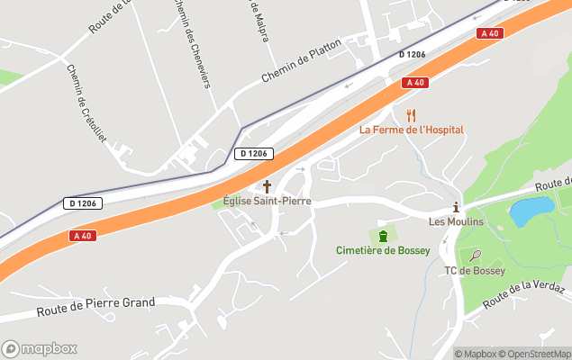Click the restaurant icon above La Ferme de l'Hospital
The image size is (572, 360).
[x=412, y=115]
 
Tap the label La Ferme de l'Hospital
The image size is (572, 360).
[x=412, y=130]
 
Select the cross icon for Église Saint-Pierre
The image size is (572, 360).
[x=267, y=186]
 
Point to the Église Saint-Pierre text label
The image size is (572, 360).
[x=267, y=201]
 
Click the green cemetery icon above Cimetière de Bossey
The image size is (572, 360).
[x=384, y=236]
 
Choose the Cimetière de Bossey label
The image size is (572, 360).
[x=383, y=250]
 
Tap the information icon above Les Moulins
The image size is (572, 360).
[x=456, y=207]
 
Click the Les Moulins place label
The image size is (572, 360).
[x=456, y=221]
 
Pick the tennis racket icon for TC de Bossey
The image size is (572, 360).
[x=475, y=256]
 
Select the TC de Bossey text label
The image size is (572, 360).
[x=475, y=270]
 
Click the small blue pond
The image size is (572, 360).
[x=531, y=211]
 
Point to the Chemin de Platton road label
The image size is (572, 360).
[x=302, y=60]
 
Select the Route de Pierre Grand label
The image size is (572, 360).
[x=95, y=308]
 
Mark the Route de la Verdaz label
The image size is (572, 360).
[x=523, y=296]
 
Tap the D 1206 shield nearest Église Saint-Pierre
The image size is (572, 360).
[x=254, y=154]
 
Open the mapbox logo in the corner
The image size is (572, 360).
[x=40, y=348]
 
